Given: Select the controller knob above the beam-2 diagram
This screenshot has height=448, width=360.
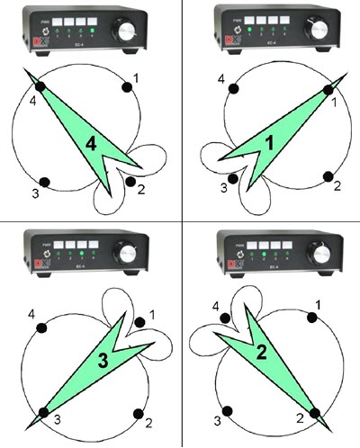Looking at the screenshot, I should (x=321, y=252).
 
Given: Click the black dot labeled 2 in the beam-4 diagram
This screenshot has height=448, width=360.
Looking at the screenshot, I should (x=131, y=183).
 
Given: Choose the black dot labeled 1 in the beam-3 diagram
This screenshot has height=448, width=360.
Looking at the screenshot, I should (x=139, y=322).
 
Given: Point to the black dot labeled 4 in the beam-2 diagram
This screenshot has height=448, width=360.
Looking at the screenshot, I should (x=227, y=317).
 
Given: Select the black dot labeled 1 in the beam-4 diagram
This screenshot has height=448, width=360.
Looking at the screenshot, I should (x=125, y=87).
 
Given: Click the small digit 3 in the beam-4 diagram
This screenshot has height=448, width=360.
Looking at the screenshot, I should (x=35, y=193).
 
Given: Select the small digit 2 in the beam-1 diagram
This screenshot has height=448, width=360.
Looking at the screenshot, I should (x=337, y=186).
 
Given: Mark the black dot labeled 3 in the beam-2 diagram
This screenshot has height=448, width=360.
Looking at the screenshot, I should (x=229, y=411).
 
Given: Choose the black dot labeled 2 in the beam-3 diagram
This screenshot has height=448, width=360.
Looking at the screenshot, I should (x=138, y=412).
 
